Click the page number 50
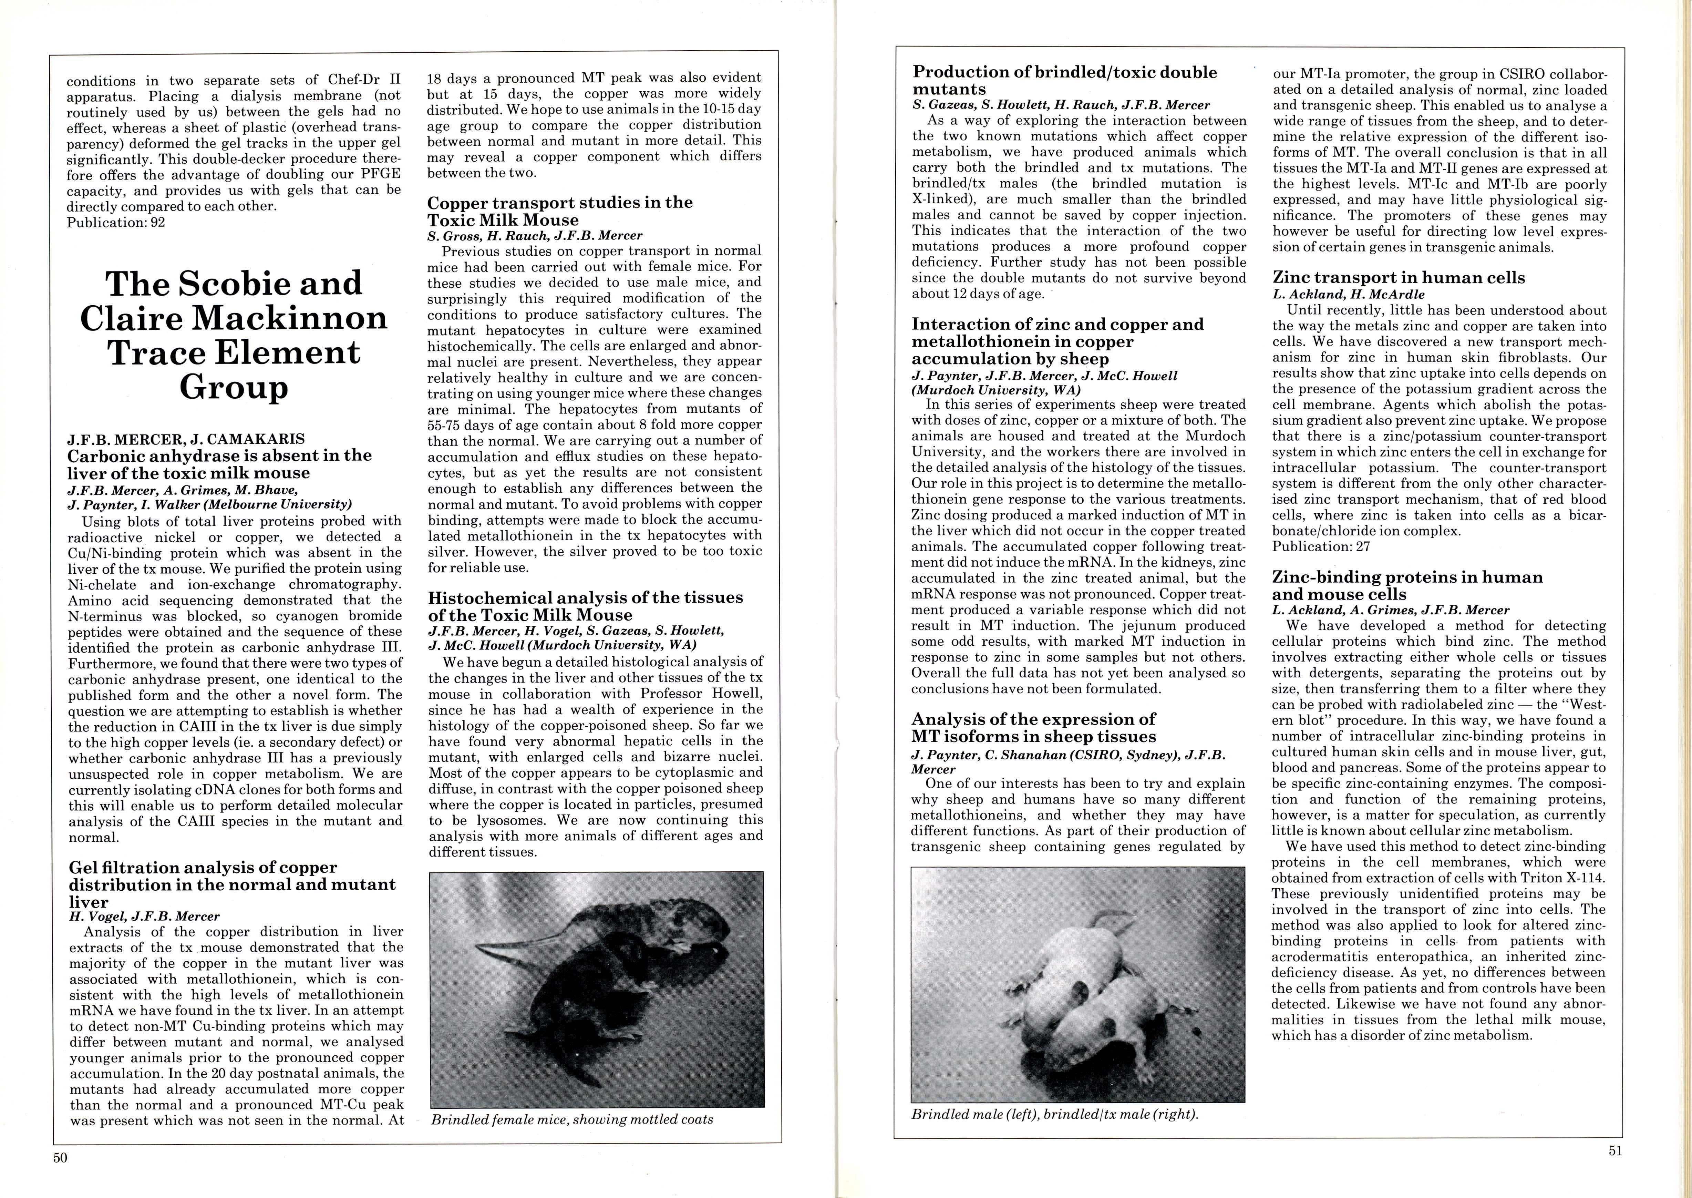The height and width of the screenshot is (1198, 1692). pyautogui.click(x=60, y=1157)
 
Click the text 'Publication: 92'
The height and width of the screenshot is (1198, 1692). pyautogui.click(x=116, y=222)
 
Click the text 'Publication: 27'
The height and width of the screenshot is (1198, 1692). pyautogui.click(x=1320, y=546)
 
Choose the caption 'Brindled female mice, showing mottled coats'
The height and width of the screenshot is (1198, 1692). pyautogui.click(x=572, y=1120)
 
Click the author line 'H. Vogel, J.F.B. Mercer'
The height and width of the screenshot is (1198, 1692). pyautogui.click(x=145, y=916)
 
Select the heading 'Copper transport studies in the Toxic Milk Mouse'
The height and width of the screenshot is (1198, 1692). pyautogui.click(x=560, y=211)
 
